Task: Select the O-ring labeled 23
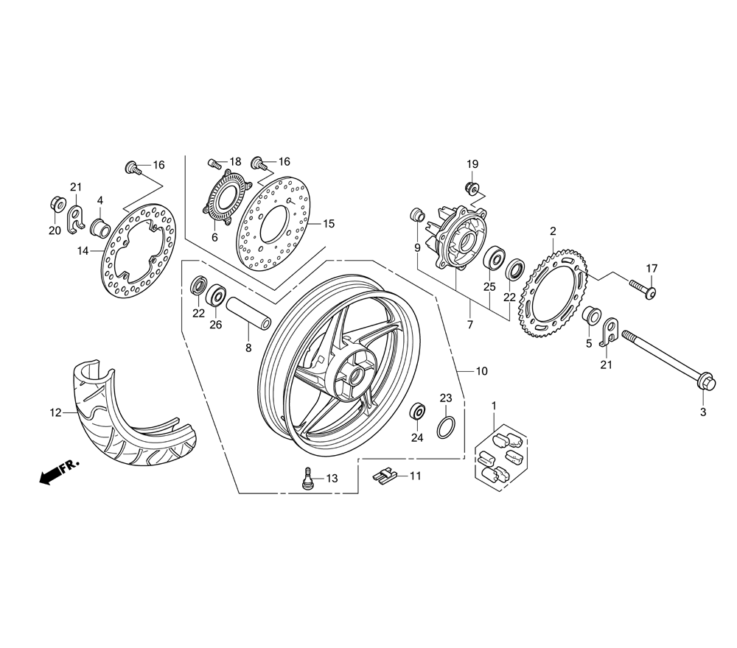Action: (x=445, y=426)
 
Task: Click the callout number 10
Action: (x=481, y=372)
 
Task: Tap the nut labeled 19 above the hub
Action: (x=472, y=185)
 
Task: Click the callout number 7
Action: (x=470, y=325)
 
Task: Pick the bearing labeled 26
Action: (x=217, y=296)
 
